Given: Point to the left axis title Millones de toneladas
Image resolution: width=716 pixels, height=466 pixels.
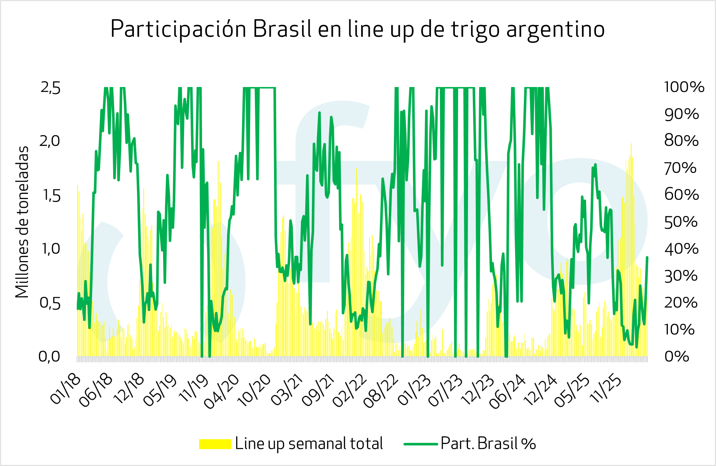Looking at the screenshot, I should point(22,222).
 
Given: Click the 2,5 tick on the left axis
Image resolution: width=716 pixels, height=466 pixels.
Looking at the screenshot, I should point(50,88).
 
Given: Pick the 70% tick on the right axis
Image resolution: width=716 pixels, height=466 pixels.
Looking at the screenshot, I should point(680,168).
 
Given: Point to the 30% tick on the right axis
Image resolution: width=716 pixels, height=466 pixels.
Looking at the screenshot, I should point(681,276).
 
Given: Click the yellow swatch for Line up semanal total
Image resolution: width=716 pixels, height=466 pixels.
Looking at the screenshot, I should point(215,444).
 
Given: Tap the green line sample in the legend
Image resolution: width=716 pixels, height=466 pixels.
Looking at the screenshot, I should point(421,444).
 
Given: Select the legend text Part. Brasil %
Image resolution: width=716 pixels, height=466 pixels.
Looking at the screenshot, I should point(488,444).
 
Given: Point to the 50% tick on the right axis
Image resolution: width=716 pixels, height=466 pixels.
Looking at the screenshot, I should point(681,222).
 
